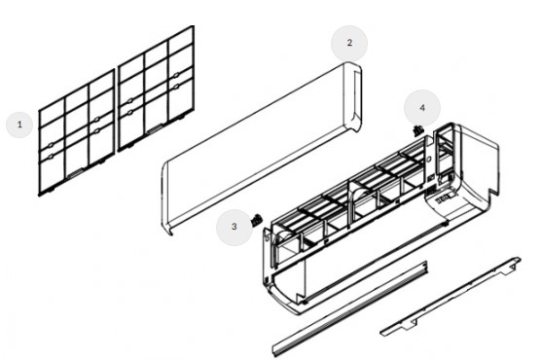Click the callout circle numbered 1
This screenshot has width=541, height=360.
[x=19, y=125]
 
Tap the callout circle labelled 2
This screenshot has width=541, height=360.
[x=349, y=43]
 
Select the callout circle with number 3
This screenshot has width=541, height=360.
[x=234, y=227]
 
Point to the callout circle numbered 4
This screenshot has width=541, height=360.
[x=422, y=108]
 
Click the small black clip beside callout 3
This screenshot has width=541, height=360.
[x=256, y=220]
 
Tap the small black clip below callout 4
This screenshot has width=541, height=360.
[x=417, y=130]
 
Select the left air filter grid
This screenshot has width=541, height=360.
[x=77, y=133]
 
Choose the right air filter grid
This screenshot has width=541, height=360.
[x=156, y=89]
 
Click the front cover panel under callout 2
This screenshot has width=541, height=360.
[x=262, y=149]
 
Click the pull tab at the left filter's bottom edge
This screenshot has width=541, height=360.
[x=76, y=173]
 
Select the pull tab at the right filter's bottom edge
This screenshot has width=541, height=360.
[x=155, y=129]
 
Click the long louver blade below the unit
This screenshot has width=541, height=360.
[x=350, y=308]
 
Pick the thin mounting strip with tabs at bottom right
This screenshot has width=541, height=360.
[x=451, y=297]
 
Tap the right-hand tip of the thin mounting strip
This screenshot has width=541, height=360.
[x=520, y=259]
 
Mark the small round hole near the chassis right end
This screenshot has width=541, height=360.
[x=429, y=160]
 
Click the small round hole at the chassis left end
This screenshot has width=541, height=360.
[x=268, y=238]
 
